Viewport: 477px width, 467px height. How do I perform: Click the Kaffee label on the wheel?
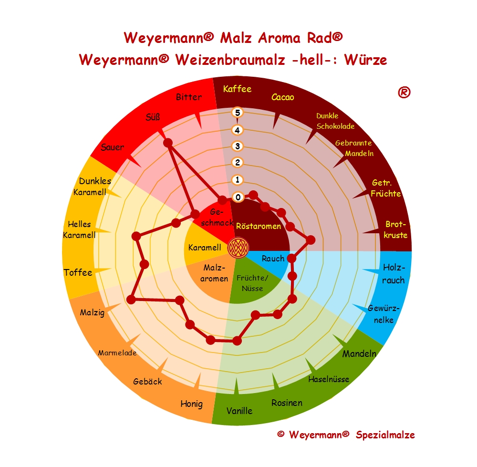237,89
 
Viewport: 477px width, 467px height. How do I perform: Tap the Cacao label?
282,97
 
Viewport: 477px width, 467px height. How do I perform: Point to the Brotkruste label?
396,229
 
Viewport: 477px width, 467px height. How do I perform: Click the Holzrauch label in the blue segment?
393,273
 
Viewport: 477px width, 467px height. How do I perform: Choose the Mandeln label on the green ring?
359,354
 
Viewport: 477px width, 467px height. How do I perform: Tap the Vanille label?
239,411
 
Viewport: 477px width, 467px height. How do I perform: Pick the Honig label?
191,404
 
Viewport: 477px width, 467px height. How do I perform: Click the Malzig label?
93,313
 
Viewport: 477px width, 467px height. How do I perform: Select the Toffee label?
78,272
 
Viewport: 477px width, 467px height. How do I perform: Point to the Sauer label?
112,147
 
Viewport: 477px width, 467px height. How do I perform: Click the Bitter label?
189,97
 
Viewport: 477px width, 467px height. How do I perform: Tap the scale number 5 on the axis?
237,113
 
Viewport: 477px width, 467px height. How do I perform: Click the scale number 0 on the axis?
237,197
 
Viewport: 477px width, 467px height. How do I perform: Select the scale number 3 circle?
237,146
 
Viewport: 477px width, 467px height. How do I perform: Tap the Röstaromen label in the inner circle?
259,226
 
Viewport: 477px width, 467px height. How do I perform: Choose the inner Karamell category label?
204,248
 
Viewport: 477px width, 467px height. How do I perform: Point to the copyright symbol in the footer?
280,435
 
